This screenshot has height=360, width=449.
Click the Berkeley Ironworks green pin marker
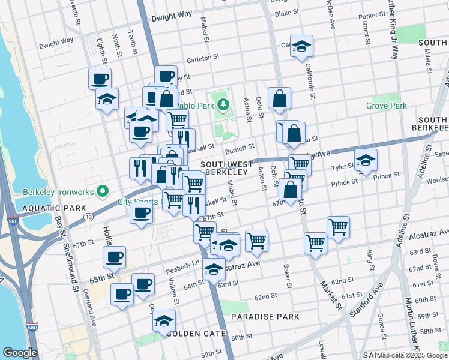(102, 191)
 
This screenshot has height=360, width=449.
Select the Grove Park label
(387, 106)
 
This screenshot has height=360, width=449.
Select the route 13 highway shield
(88, 216)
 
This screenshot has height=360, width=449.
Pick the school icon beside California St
(301, 46)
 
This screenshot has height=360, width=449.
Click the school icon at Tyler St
(366, 160)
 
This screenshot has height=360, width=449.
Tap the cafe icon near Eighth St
(100, 78)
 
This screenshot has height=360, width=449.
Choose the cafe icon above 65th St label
(114, 257)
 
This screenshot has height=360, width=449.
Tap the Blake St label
(286, 13)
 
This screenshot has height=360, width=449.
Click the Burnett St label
(240, 146)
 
